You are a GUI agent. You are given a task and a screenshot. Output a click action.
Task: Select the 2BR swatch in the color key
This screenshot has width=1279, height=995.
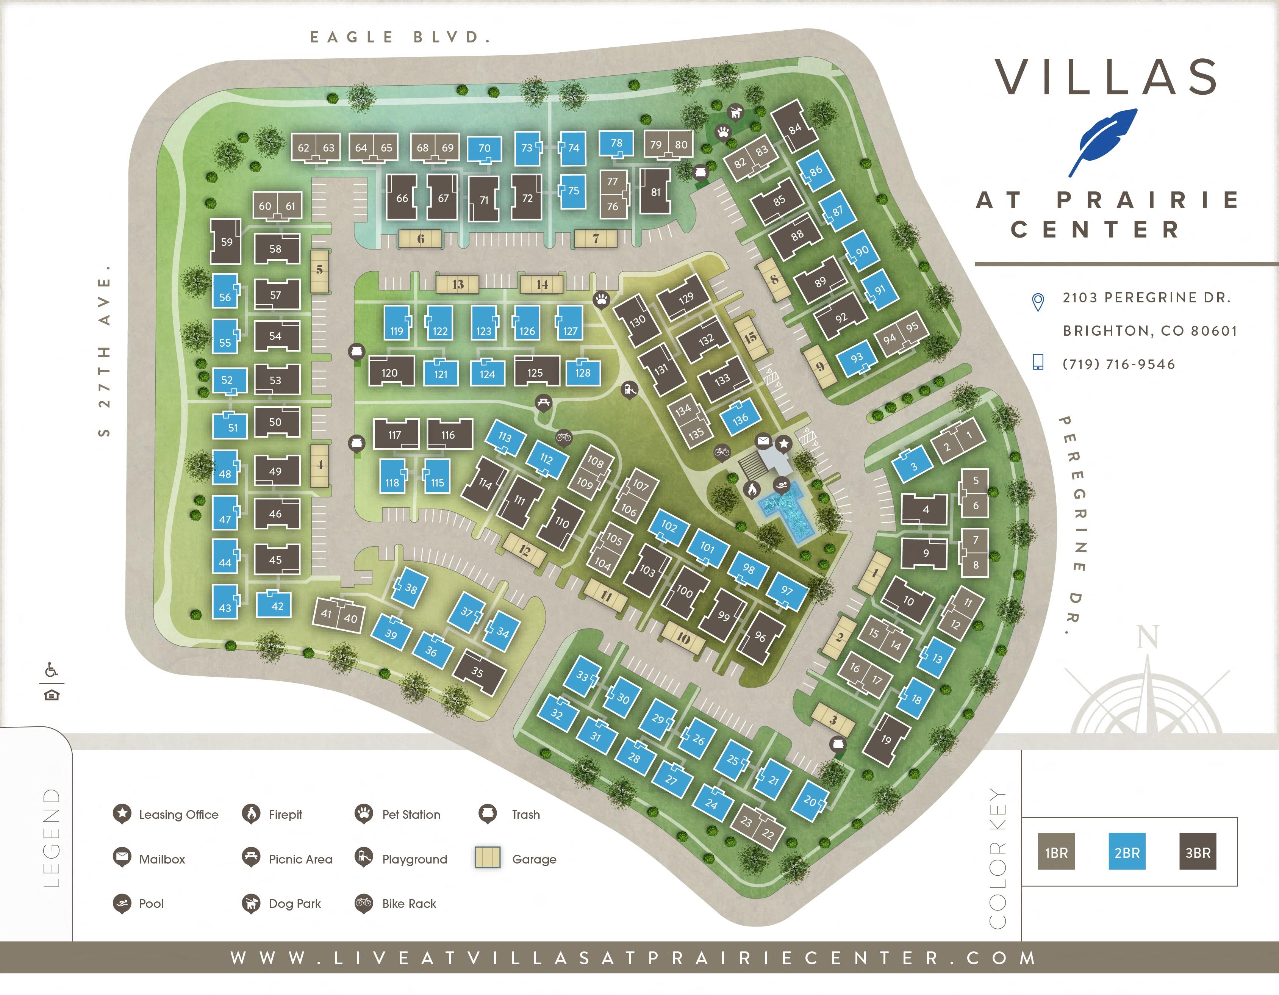1126,853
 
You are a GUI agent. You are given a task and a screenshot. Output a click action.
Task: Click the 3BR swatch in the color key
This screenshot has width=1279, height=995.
1197,853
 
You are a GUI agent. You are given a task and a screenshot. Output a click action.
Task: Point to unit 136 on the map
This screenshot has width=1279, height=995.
740,419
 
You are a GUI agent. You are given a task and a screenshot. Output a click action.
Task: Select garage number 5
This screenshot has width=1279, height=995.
319,271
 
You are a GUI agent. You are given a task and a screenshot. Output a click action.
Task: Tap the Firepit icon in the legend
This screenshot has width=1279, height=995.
251,814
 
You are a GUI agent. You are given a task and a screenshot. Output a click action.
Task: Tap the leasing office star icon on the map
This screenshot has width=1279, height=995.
783,444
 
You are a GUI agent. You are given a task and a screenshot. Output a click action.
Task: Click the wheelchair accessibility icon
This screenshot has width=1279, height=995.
52,670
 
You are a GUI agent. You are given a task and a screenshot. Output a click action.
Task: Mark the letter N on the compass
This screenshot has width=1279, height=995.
1147,637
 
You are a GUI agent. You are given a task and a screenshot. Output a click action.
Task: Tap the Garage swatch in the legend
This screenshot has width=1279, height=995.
487,858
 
